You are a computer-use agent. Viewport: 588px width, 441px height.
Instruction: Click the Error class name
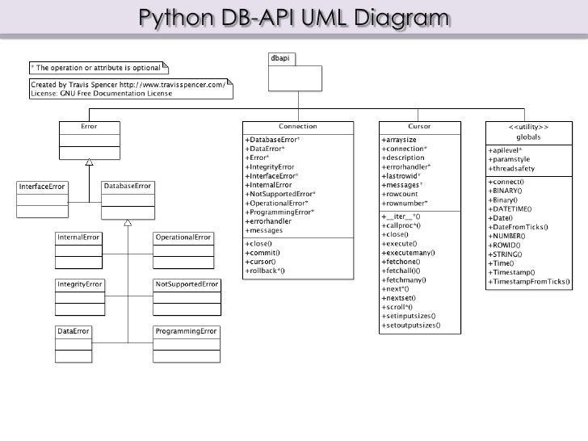(x=89, y=127)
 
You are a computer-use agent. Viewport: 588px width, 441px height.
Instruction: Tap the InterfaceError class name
(x=41, y=187)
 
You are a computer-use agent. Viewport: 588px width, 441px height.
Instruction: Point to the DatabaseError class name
(x=127, y=186)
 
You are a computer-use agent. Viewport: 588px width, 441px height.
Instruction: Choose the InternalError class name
(x=79, y=237)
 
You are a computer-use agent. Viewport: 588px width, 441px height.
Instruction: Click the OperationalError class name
(x=184, y=237)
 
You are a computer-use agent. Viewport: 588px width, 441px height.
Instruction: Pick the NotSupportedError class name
(x=187, y=285)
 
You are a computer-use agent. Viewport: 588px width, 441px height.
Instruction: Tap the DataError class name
(x=73, y=332)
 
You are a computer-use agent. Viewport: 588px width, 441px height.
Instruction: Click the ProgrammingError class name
(x=186, y=332)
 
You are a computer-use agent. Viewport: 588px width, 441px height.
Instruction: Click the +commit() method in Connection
(x=262, y=252)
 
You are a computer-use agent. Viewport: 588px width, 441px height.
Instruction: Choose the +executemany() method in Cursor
(x=408, y=252)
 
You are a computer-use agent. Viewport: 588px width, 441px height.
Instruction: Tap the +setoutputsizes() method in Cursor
(x=411, y=325)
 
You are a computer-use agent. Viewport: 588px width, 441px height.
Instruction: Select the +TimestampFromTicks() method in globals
(x=529, y=283)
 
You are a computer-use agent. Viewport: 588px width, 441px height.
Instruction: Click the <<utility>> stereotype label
(x=528, y=128)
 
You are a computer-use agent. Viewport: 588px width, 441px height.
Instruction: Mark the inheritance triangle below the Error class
(x=90, y=162)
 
